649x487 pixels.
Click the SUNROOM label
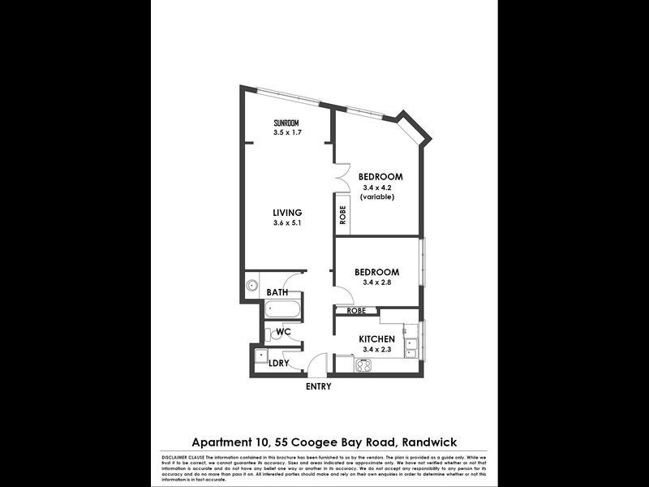tap(287, 123)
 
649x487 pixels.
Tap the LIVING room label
tap(287, 213)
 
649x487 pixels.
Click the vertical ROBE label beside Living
tap(343, 215)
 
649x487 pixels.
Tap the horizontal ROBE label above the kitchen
tap(356, 311)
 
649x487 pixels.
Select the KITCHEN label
tap(377, 338)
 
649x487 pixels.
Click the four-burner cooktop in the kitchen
tap(363, 365)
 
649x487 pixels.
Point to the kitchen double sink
tap(411, 348)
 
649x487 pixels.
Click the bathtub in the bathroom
tap(283, 309)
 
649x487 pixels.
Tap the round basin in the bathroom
tap(252, 285)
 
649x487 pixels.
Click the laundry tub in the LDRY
tap(262, 356)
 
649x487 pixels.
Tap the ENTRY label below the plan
tap(318, 387)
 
